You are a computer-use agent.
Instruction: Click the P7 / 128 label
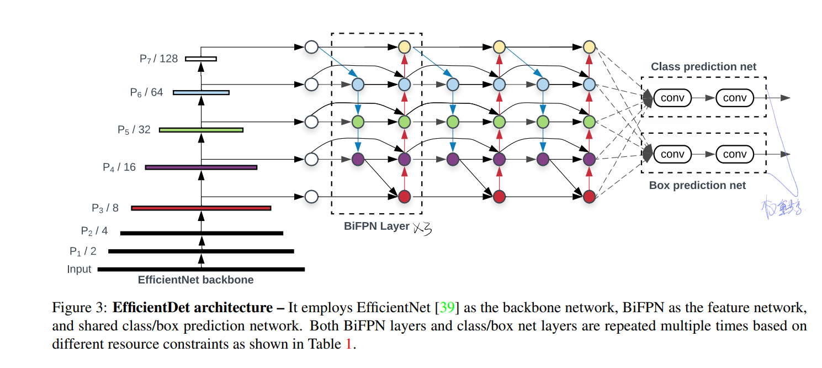158,59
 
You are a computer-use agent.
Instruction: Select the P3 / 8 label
105,208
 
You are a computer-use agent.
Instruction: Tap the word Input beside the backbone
79,270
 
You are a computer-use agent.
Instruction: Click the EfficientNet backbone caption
195,280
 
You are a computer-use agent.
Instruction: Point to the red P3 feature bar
201,208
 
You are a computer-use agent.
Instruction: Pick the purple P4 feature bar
201,167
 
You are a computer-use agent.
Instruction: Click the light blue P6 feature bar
201,92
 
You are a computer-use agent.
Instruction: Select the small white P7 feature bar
201,59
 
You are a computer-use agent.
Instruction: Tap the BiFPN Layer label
376,226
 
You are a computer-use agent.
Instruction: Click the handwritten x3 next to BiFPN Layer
422,228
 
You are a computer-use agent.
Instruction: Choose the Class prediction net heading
703,67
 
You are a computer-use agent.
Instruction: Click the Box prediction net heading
697,186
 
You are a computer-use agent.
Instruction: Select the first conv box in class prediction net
672,98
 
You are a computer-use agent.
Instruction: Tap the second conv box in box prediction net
734,154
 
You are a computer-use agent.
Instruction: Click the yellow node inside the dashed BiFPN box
404,47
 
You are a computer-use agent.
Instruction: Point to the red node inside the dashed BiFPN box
404,196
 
